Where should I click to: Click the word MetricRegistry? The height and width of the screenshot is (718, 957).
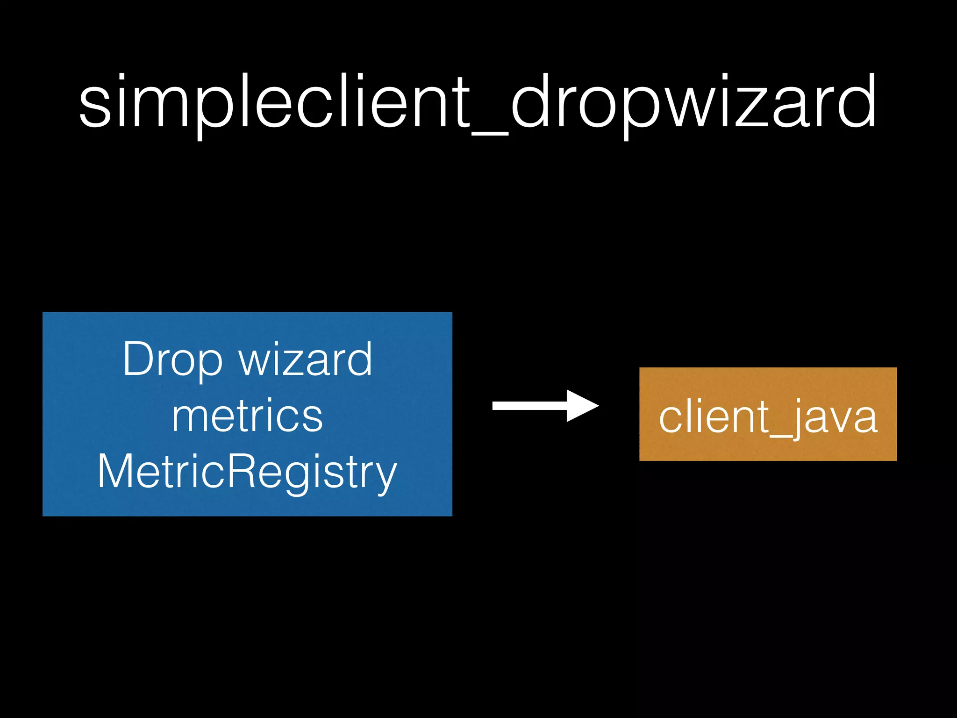coord(247,472)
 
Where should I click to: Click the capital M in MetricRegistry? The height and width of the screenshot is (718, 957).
coord(114,472)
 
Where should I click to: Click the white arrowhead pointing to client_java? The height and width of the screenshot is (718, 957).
coord(581,406)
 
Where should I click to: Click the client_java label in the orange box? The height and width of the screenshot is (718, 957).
coord(768,417)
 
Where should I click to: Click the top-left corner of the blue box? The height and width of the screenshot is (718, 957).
coord(43,313)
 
